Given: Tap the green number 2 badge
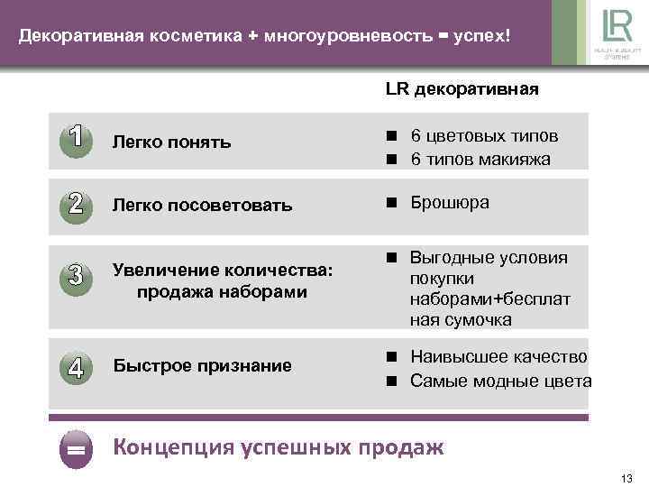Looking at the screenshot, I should tap(77, 204).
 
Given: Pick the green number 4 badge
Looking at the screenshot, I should tap(77, 368).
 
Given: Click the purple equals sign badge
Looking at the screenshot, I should tap(77, 448).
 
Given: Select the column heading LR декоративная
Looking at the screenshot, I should tap(462, 89).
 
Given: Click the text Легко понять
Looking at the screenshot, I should tap(171, 142).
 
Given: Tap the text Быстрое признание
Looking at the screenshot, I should tap(202, 365).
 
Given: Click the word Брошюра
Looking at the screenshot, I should tap(450, 202).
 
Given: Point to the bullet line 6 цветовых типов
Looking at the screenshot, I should tap(484, 136).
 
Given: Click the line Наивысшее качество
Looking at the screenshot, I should tap(498, 357).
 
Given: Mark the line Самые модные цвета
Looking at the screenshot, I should tap(501, 381).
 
